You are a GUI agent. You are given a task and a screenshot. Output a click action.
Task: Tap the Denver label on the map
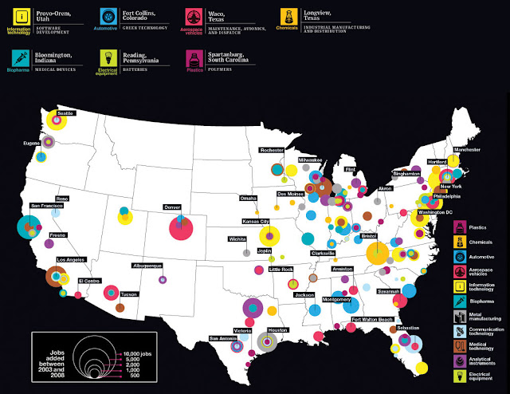coord(172,207)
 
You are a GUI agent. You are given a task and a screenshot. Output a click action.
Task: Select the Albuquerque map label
coord(147,265)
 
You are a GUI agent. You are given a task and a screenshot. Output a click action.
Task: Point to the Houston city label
coord(277,330)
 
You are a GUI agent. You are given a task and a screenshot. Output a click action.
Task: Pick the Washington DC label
coord(435,212)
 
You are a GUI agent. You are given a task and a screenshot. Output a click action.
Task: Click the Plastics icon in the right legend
coord(461,228)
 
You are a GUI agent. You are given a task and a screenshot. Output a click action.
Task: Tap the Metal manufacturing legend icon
coord(461,315)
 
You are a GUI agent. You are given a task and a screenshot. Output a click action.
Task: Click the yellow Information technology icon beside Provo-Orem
coord(18,14)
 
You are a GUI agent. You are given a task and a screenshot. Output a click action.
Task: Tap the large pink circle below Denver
coord(181,229)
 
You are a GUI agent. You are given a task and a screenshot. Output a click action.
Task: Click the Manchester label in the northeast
coord(467,150)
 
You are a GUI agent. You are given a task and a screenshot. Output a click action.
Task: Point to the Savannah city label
coord(390,291)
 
